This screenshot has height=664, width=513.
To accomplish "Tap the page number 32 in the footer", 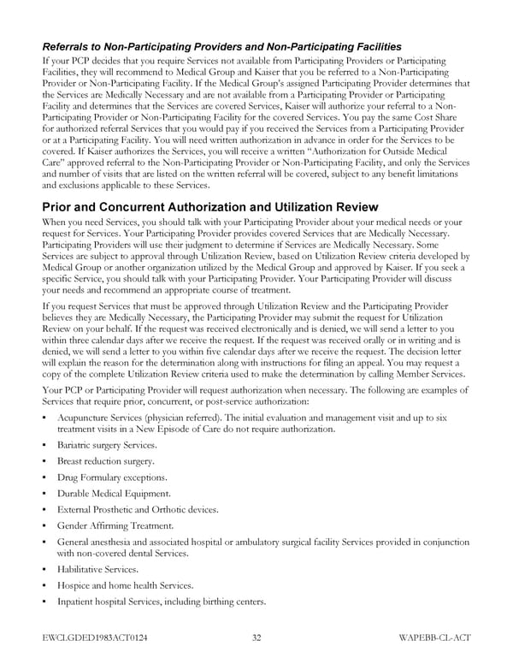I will (x=256, y=638).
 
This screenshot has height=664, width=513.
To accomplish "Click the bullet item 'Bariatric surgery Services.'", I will (x=107, y=445).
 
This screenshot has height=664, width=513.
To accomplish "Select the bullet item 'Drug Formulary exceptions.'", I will (x=111, y=477).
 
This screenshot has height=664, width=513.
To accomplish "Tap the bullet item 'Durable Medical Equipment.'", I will (x=114, y=493).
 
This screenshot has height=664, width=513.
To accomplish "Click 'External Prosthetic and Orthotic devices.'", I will (x=138, y=509).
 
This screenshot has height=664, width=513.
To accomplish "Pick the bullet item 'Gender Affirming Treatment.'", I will (x=115, y=525).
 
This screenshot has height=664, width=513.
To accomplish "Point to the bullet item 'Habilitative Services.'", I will (x=97, y=568).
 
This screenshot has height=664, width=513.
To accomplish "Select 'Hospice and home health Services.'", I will (x=125, y=584).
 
